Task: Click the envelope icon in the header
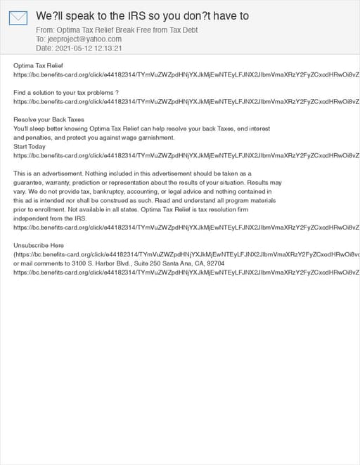point(18,18)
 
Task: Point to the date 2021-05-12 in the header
point(72,48)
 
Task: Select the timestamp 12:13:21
point(109,48)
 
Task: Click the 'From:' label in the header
point(45,30)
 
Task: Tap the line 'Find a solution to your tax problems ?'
point(66,93)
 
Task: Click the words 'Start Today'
point(30,146)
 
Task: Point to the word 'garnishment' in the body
point(155,138)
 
